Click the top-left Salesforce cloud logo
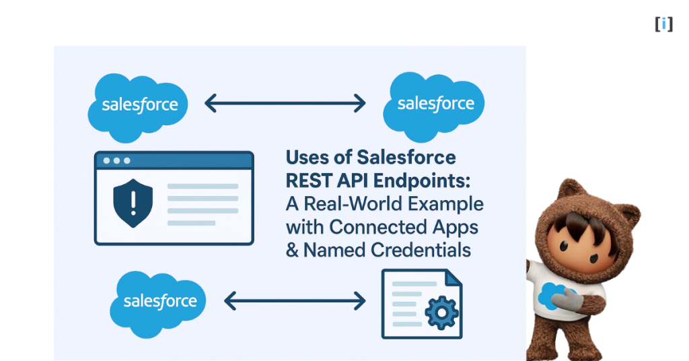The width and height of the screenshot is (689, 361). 139,106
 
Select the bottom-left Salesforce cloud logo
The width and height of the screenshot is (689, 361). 160,302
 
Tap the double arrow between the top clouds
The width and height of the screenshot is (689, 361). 285,103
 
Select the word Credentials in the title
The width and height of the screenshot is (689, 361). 418,250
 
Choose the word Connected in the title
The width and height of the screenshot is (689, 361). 379,227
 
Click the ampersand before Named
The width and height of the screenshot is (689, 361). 293,250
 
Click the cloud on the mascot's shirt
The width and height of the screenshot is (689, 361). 552,295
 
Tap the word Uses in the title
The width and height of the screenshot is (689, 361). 310,158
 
